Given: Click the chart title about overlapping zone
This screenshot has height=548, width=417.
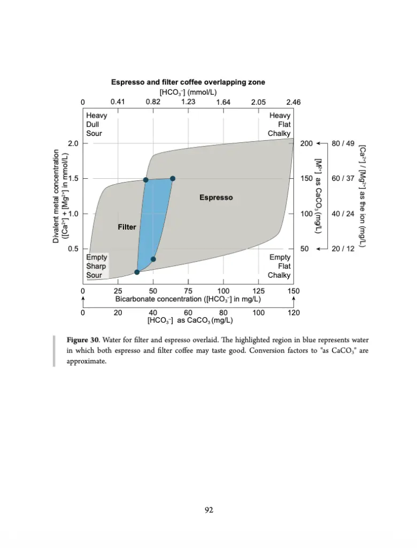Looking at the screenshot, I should click(188, 82).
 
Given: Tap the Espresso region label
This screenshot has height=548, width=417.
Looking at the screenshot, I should click(216, 197).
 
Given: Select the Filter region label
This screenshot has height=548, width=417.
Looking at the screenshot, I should click(127, 227).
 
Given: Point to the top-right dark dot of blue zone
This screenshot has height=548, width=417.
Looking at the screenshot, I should click(173, 178).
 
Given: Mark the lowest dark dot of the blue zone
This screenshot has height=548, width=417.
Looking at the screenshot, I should click(137, 272).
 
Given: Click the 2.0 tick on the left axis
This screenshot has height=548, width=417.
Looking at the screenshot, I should click(73, 143).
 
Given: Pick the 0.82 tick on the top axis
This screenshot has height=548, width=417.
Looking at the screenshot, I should click(153, 102).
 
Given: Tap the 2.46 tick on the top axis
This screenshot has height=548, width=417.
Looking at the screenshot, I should click(294, 102).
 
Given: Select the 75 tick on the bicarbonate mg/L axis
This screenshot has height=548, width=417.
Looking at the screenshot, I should click(188, 291).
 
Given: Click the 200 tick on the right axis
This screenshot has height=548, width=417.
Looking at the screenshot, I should click(306, 143).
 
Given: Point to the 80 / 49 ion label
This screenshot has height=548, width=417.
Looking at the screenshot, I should click(343, 143).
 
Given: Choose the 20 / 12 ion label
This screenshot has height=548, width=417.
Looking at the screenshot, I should click(343, 249).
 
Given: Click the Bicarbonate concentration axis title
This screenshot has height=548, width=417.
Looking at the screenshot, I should click(188, 299).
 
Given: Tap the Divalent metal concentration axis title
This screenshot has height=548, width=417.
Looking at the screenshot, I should click(60, 196).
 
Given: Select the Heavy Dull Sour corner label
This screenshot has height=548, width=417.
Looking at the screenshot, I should click(97, 124).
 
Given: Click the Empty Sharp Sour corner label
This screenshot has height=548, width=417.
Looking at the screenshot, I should click(97, 267).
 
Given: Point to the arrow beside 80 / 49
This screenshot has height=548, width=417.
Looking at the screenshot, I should click(322, 143).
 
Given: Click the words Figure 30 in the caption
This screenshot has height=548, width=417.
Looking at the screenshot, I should click(82, 340).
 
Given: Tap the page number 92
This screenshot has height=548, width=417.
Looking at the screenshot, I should click(209, 510).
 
